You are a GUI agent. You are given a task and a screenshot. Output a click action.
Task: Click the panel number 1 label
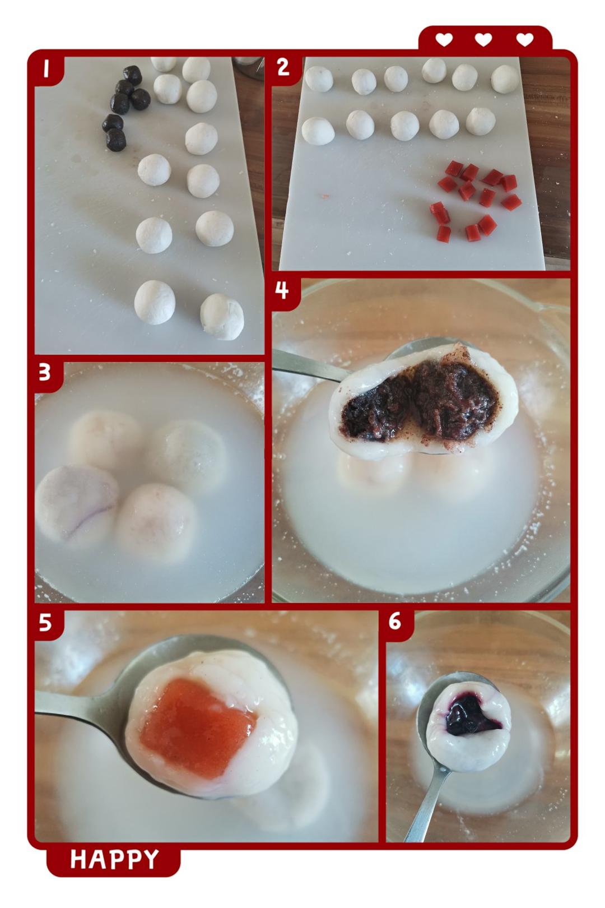point(46,68)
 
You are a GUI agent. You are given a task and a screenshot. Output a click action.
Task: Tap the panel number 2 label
point(283,67)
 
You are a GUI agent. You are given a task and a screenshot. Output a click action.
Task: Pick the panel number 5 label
point(45,622)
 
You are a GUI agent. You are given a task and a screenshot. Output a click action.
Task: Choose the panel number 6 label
point(395,622)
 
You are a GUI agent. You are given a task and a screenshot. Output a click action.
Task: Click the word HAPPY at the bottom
point(115,859)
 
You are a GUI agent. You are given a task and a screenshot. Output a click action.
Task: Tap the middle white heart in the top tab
point(483,40)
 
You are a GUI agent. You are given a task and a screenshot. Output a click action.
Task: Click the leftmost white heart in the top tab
point(444,40)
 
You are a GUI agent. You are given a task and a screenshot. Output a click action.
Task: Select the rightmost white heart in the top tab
point(525,40)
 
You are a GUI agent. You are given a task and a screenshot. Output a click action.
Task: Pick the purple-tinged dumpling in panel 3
point(76,503)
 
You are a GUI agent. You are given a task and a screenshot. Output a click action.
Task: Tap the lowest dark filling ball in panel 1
point(116,140)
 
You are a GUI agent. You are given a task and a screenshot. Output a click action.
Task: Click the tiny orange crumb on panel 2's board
point(325,197)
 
